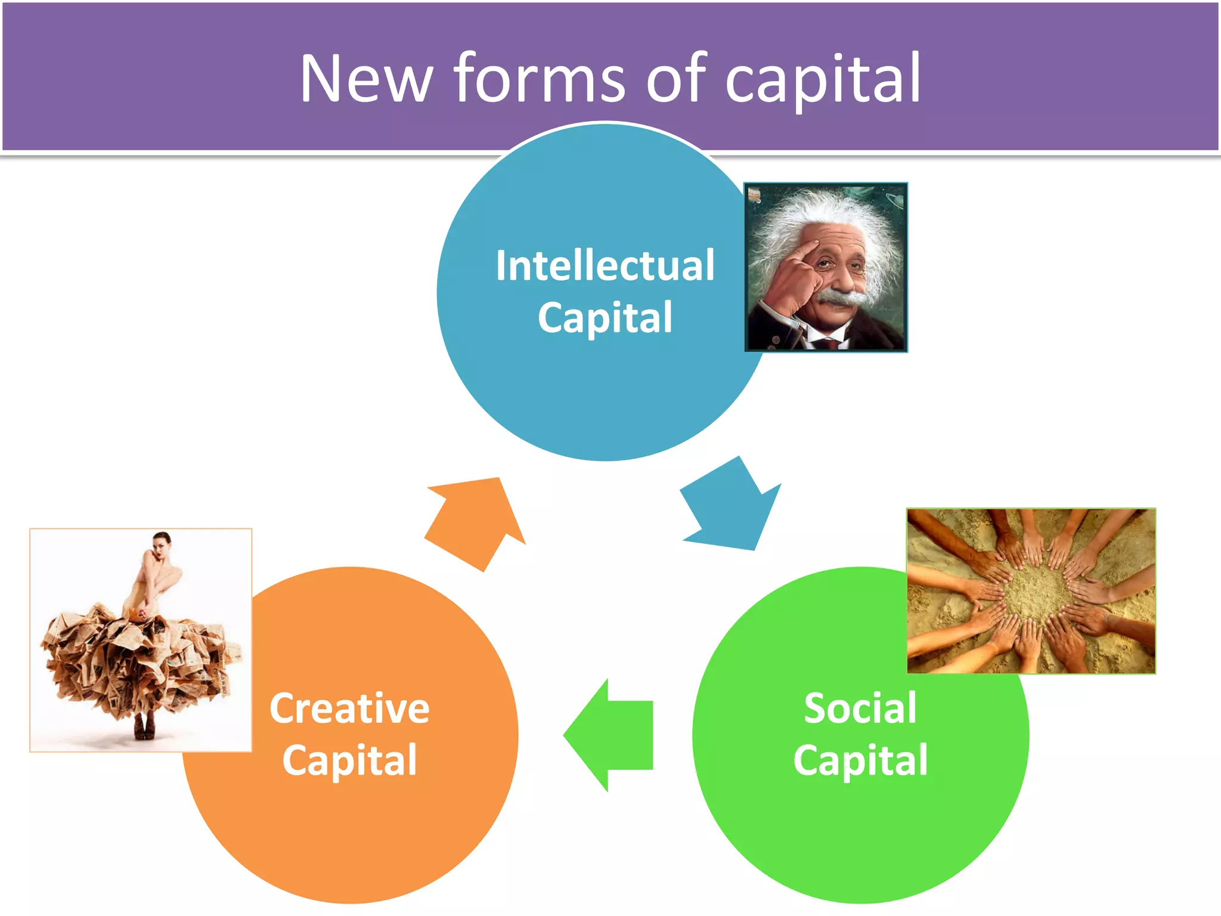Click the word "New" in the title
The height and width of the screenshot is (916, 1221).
coord(365,79)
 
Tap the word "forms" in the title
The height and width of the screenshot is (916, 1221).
coord(540,79)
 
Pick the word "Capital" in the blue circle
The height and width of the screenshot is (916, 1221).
coord(605,317)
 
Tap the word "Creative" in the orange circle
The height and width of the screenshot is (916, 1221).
coord(349,708)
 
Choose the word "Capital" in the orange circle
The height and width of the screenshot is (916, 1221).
coord(349,760)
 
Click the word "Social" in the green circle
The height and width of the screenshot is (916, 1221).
coord(860,708)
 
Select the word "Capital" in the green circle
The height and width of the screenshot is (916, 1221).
coord(860,760)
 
